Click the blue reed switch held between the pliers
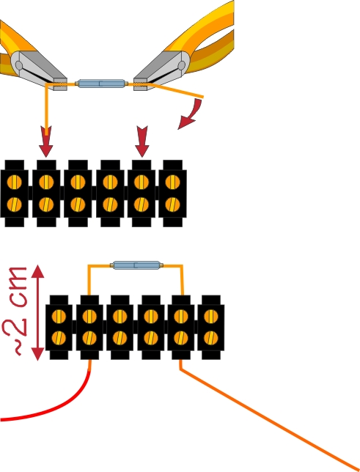[101, 84]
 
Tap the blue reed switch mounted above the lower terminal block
[136, 265]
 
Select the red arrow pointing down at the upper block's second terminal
[45, 141]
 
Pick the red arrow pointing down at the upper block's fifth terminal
[142, 141]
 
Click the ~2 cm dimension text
[15, 311]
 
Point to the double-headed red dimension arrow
[38, 312]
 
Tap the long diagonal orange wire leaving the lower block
[268, 415]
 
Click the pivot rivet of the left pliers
[18, 65]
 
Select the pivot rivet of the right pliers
[182, 65]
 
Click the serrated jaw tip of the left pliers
[60, 84]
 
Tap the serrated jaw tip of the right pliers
[140, 84]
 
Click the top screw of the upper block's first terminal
[14, 182]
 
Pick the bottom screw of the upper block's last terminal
[172, 204]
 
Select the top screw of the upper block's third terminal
[78, 182]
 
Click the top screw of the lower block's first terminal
[59, 317]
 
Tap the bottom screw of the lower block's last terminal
[211, 338]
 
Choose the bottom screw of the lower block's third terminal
[120, 338]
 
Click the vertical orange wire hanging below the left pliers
[46, 109]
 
